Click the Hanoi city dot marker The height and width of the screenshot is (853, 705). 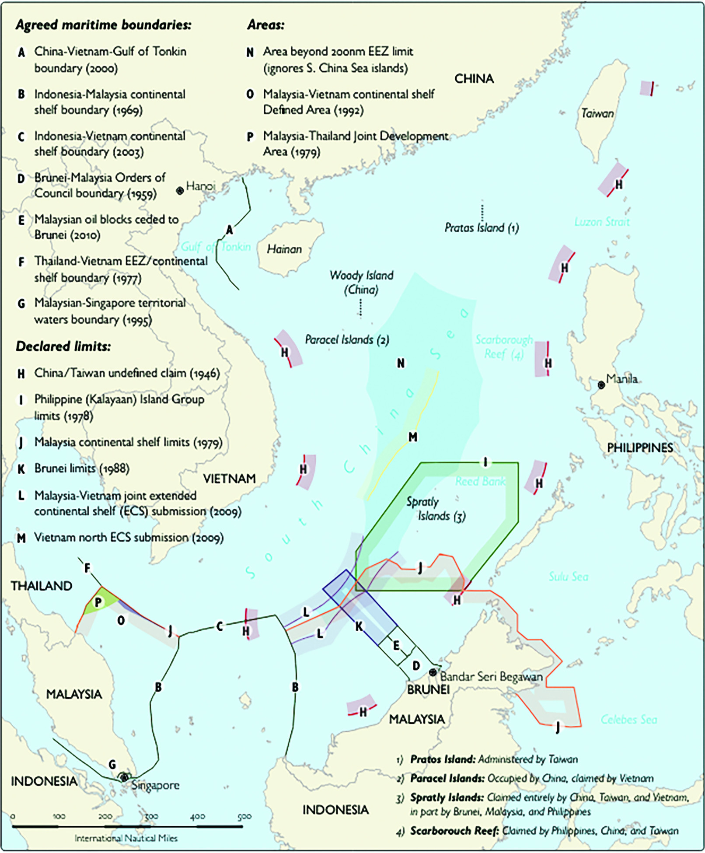coord(180,191)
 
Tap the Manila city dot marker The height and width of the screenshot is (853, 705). coord(601,385)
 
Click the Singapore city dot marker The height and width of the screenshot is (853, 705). coord(124,777)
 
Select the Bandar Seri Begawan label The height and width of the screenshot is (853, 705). coord(491,677)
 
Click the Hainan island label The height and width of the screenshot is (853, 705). coord(284,249)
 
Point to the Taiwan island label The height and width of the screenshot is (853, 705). coord(597,114)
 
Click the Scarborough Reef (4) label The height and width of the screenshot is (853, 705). coord(504,346)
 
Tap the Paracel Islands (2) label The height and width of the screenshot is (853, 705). coord(347,340)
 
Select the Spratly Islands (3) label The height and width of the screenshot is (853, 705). coord(436,509)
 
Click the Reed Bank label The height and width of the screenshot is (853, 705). coord(480,482)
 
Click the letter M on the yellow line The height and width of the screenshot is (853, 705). coord(413,437)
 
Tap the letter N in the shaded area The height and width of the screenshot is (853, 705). coord(401,363)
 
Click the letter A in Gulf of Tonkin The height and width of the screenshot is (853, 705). coord(229,230)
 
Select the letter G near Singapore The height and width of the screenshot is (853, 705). coord(112,764)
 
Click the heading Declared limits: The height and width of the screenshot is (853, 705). coord(63,346)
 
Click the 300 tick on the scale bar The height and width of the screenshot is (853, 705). coord(151,817)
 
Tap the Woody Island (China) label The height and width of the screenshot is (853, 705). coord(361,282)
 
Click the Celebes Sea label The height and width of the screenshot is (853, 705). coord(628,720)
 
